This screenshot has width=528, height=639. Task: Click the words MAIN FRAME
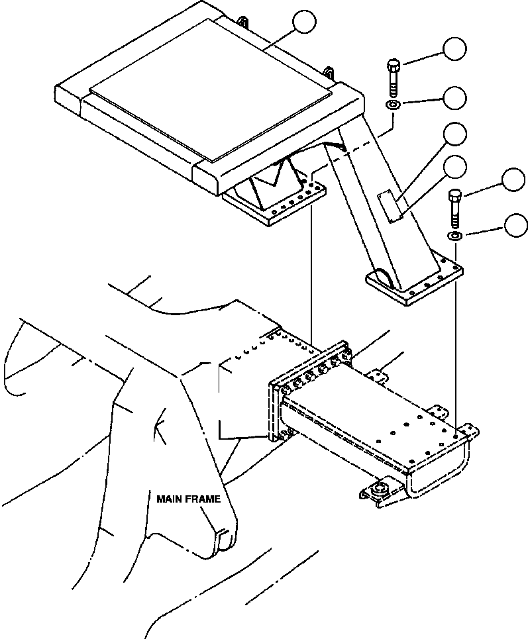188,499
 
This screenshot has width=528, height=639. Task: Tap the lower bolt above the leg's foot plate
454,207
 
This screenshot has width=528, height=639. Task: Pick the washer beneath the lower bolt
456,235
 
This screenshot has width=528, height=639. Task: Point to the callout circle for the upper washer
454,98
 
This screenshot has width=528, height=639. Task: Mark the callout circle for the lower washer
515,225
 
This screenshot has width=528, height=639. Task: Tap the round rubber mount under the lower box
382,491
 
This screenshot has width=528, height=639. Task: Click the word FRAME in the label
203,499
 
